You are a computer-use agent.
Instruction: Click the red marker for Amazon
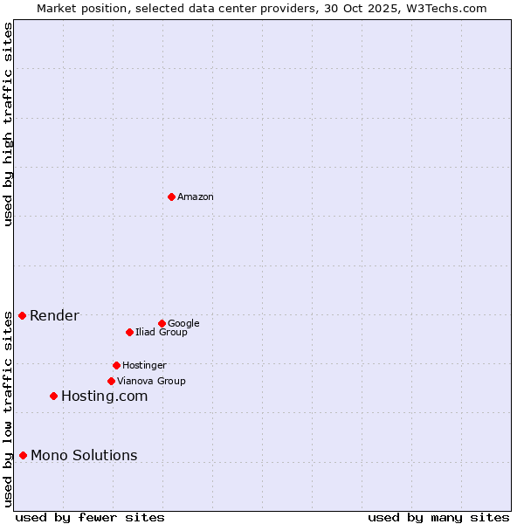coord(171,196)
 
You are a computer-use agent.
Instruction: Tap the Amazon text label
coord(196,197)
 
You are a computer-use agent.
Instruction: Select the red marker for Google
coord(162,323)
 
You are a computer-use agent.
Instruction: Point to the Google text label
coord(183,324)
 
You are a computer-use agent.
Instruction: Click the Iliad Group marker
coord(129,332)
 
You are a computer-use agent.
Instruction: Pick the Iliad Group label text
coord(162,333)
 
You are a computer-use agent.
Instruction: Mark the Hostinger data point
coord(116,365)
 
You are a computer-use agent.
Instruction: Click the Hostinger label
coord(144,366)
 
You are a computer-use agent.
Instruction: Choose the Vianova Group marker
coord(111,381)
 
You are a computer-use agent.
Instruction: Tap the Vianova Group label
coord(151,382)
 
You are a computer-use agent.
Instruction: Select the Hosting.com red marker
coord(53,396)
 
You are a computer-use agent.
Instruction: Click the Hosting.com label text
coord(104,396)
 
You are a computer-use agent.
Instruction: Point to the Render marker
coord(22,315)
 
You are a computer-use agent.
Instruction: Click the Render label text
coord(54,316)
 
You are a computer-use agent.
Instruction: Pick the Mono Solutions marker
coord(23,455)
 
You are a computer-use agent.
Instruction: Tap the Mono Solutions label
coord(84,456)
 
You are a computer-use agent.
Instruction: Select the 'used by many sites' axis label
coord(438,518)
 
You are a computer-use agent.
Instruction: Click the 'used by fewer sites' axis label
coord(90,518)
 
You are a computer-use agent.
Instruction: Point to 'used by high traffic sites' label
coord(9,124)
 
